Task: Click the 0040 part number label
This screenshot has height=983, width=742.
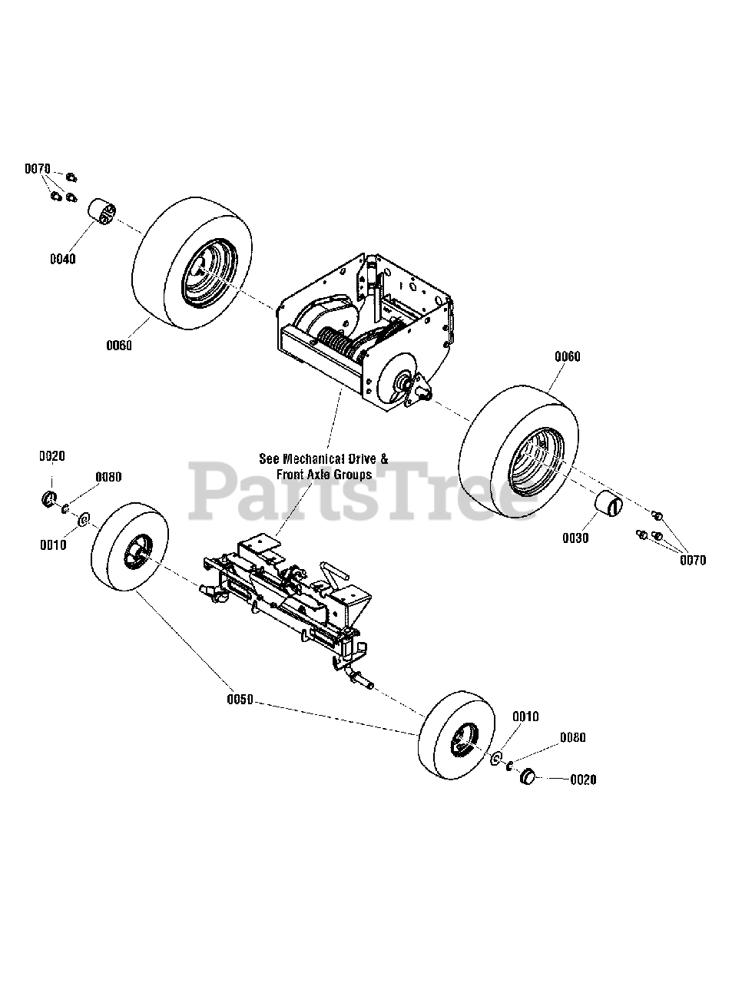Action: [63, 260]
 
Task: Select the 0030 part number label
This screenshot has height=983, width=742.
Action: [575, 538]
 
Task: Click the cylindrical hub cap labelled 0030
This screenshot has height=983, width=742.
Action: [609, 506]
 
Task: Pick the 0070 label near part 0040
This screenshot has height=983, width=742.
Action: [37, 168]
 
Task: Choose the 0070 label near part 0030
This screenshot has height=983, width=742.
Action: [693, 561]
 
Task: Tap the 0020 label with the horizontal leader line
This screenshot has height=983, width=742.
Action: [583, 779]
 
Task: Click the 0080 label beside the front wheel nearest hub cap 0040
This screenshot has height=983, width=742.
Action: [108, 477]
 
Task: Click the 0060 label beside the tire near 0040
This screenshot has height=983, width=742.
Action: [119, 346]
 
